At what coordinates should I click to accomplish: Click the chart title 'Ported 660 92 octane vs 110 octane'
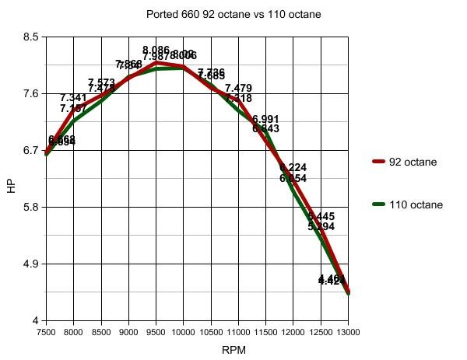point(233,14)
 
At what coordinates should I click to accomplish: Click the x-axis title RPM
point(233,350)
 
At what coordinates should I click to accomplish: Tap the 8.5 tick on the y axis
point(29,37)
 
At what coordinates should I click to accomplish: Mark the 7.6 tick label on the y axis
point(29,94)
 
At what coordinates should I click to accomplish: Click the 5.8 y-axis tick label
point(29,208)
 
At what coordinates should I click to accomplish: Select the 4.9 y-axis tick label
point(29,264)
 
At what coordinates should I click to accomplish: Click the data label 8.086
point(156,50)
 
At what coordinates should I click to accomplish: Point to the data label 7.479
point(238,89)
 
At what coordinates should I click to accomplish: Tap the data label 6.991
point(265,119)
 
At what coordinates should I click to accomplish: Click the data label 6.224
point(293,168)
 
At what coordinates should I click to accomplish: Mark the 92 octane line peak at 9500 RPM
point(156,62)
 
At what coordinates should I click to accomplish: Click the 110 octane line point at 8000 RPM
point(74,121)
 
